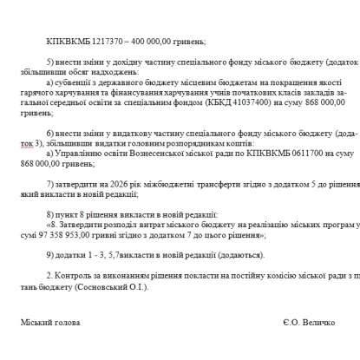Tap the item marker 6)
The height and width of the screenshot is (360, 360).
50,133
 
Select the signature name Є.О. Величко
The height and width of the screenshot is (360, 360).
308,322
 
